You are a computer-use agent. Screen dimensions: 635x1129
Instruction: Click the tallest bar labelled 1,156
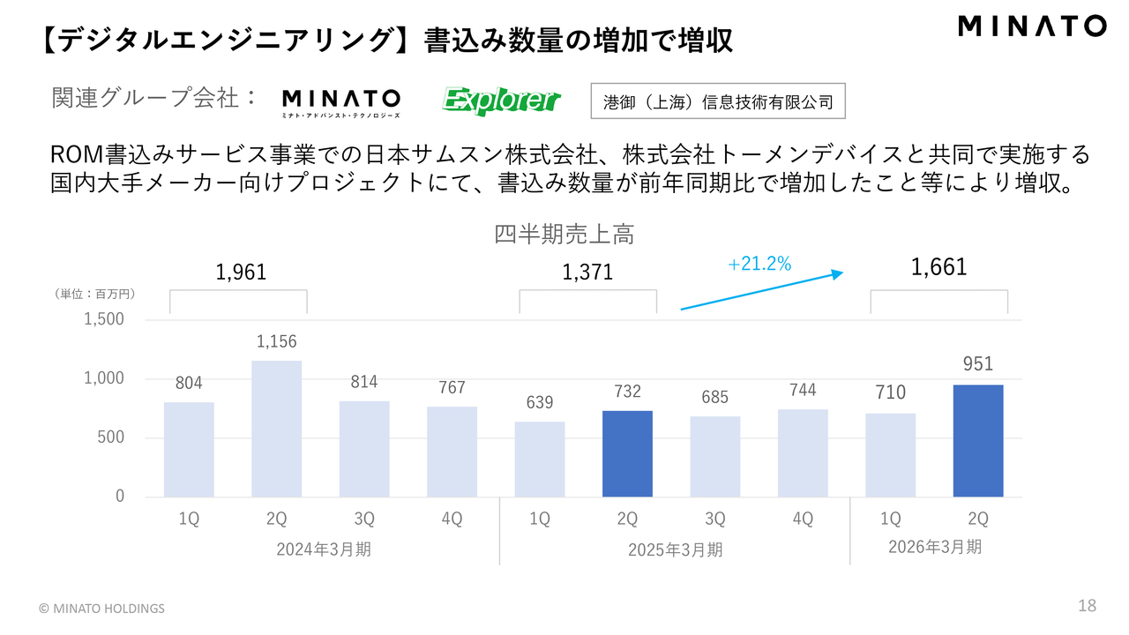pos(276,429)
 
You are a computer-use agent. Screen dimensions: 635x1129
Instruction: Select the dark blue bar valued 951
pos(978,441)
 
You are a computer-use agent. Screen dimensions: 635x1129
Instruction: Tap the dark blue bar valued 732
pos(627,453)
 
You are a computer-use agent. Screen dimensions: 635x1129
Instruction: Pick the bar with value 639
pos(540,459)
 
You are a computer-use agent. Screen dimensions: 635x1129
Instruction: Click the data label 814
pos(363,382)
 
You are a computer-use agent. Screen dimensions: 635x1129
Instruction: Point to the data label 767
pos(451,387)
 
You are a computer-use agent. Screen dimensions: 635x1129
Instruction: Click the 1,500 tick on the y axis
pos(104,319)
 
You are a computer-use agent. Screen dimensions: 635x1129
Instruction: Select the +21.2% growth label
pos(759,263)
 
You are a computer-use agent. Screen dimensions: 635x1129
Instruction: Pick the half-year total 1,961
pos(241,273)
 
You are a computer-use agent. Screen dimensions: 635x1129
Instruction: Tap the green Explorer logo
pos(501,101)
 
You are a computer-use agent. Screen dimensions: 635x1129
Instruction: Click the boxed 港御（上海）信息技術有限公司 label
pos(718,101)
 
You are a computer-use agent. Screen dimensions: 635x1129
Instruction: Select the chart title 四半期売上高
pos(564,235)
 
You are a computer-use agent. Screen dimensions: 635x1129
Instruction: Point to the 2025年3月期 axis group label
pos(675,549)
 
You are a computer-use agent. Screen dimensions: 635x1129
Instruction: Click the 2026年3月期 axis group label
pos(934,547)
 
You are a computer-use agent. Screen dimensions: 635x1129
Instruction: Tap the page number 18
pos(1087,606)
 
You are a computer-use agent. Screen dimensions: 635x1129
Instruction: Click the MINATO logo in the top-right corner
pos(1032,26)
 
